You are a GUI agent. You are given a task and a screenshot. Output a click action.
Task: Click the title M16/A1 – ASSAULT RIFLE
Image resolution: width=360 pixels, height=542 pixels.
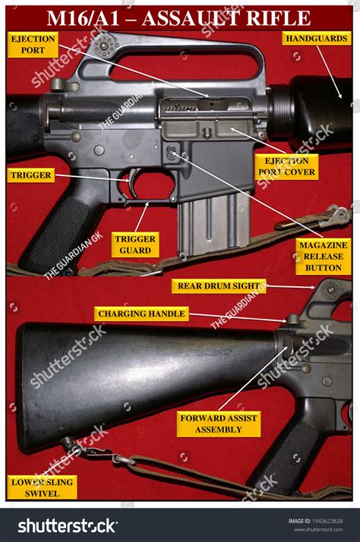click(179, 17)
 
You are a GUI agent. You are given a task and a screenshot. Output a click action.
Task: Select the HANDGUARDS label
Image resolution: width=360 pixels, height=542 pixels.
click(317, 37)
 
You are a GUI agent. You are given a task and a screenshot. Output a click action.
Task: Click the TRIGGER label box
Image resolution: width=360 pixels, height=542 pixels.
click(31, 175)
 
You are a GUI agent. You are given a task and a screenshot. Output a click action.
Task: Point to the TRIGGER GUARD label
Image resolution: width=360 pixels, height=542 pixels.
click(135, 244)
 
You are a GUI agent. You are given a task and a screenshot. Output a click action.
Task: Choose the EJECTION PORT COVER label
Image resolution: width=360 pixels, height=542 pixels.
click(286, 166)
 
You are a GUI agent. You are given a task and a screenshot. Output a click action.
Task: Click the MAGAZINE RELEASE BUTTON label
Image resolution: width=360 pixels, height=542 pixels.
click(323, 257)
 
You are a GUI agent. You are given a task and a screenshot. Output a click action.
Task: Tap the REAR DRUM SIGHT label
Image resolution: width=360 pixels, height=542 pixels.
click(218, 286)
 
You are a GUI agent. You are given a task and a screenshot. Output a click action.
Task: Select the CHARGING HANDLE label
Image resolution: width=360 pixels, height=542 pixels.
click(141, 314)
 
